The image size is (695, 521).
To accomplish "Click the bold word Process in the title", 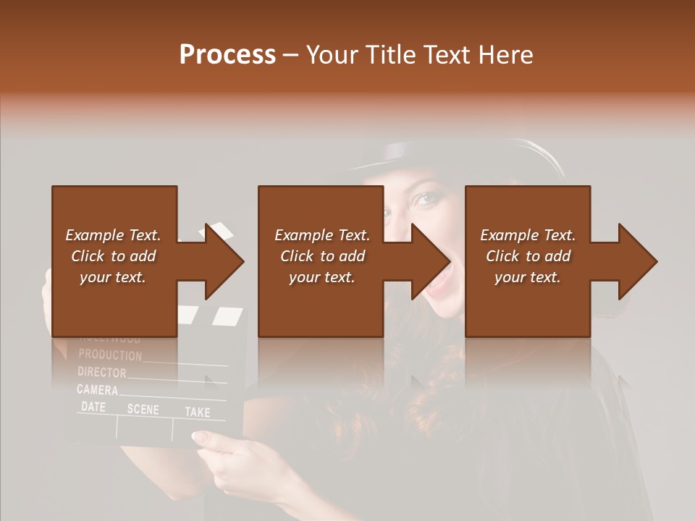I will click(227, 55).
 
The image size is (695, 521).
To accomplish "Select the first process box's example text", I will click(113, 256).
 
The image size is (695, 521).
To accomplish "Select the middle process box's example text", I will click(322, 256).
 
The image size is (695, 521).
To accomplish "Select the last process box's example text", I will click(528, 256).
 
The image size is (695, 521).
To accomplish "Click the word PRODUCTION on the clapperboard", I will click(110, 355).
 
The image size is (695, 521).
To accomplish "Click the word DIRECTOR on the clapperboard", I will click(101, 373).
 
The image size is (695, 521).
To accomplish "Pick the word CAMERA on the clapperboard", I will click(97, 391).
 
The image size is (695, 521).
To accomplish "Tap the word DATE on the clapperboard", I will click(93, 407).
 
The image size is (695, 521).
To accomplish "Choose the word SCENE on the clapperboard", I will click(143, 410).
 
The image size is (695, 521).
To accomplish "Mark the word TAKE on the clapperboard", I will click(197, 412).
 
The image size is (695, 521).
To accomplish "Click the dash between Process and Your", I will click(291, 55).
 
